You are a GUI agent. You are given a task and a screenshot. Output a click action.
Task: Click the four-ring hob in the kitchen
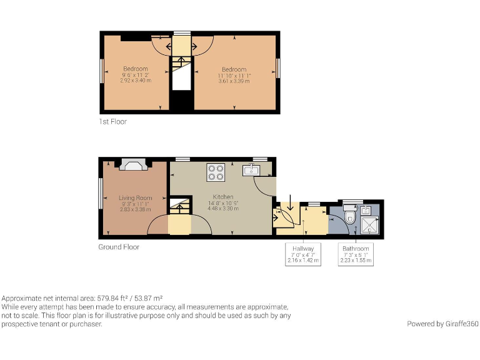click(x=216, y=172)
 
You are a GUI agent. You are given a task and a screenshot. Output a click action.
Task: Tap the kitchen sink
click(x=252, y=170)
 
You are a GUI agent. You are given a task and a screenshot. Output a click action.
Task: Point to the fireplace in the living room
click(x=132, y=165)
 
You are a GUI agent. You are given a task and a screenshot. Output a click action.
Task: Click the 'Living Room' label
click(x=136, y=198)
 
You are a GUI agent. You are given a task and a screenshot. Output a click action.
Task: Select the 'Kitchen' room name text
click(x=223, y=197)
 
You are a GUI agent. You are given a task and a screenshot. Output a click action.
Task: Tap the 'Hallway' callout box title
click(x=303, y=249)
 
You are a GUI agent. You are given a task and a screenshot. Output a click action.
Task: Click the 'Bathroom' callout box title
click(x=356, y=249)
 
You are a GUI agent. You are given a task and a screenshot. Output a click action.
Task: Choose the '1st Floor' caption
click(x=112, y=121)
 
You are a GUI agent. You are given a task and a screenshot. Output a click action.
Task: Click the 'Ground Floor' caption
click(x=119, y=247)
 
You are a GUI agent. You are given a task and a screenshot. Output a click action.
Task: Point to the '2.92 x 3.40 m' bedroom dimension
click(x=135, y=81)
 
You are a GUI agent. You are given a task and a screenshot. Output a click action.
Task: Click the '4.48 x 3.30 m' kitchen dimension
click(x=223, y=209)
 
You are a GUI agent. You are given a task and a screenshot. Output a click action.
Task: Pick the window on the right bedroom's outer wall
click(x=279, y=67)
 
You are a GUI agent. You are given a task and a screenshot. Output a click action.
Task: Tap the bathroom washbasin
click(x=367, y=209)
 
